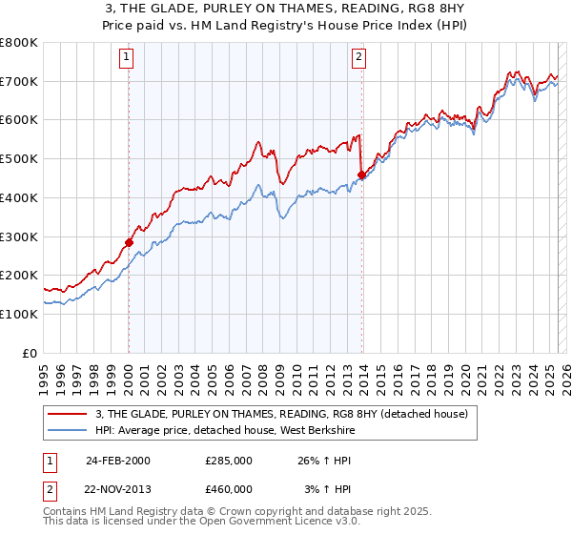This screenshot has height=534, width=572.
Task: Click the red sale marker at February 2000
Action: (x=129, y=242)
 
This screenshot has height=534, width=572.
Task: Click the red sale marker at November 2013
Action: (x=361, y=175)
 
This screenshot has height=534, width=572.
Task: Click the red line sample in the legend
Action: (x=68, y=414)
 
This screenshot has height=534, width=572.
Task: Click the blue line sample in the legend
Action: (x=68, y=429)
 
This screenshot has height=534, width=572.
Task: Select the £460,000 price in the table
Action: (x=229, y=488)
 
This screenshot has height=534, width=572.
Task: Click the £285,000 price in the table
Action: (x=229, y=461)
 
